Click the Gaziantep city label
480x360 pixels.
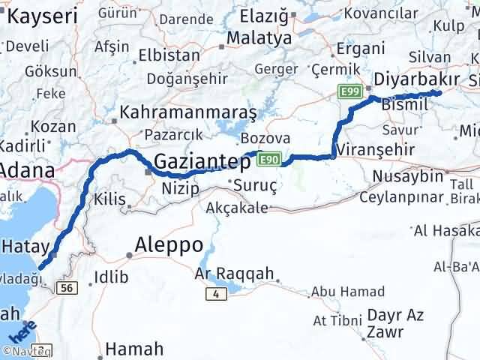click(x=203, y=160)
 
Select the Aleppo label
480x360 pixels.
click(x=169, y=244)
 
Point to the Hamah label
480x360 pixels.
click(x=135, y=349)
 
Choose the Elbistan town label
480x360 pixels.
click(x=163, y=55)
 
